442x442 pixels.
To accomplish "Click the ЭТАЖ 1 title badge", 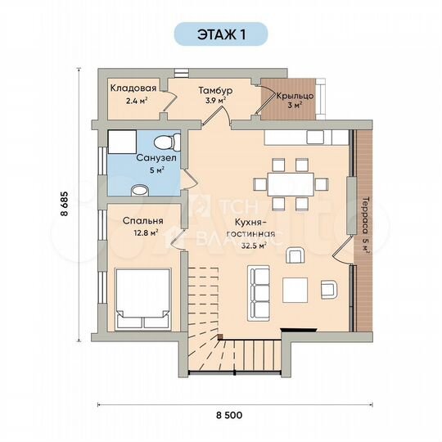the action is click(221, 34).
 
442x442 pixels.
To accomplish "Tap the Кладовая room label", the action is click(133, 88).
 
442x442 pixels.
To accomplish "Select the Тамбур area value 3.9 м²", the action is click(215, 101).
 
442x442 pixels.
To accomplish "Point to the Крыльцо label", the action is click(295, 96).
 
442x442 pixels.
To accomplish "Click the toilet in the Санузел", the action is click(167, 142).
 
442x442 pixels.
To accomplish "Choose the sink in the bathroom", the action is click(140, 190).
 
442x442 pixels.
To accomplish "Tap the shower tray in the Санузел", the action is click(122, 142).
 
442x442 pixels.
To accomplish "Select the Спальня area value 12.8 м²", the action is click(146, 233).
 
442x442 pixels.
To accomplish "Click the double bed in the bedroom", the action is click(143, 299).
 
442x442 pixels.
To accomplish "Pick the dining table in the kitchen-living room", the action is click(291, 184).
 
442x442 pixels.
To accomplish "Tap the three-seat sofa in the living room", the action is click(259, 293).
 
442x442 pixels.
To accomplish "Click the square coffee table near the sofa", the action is click(295, 290).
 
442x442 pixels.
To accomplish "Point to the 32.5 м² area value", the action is click(254, 246).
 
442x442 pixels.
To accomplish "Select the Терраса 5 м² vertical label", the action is click(365, 225).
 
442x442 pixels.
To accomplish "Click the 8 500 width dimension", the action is click(229, 415).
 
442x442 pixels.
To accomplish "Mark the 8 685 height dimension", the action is click(65, 204).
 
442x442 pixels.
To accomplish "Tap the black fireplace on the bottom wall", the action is click(300, 330).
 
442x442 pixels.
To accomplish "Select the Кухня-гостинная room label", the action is click(251, 228).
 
